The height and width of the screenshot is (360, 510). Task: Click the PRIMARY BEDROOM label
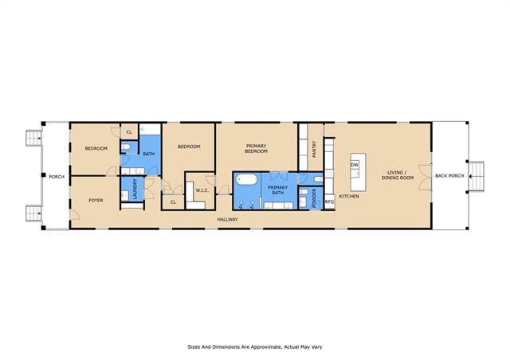coord(257,149)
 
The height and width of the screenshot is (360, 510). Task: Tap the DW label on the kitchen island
coord(355,165)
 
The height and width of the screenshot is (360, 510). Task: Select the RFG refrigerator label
coord(329,202)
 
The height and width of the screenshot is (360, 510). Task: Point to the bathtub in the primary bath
coord(246,179)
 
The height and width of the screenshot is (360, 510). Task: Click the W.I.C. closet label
coord(202,190)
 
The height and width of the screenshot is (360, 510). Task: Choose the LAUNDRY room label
coord(135,189)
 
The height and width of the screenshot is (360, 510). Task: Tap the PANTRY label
coord(314,149)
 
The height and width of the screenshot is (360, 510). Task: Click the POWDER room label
coord(314,198)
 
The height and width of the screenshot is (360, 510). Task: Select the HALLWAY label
coord(227,220)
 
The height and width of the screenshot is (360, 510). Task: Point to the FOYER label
coord(96,201)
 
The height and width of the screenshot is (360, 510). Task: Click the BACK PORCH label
coord(449,175)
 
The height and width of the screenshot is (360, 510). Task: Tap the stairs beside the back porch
coord(477,175)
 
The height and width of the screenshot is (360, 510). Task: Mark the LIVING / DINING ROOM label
coord(398,175)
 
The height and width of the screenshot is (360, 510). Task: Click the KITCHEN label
coord(349,196)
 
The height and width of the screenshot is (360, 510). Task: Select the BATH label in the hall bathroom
coord(149,154)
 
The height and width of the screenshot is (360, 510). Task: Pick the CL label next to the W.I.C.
coord(173,202)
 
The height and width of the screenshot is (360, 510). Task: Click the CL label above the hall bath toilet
coord(129,132)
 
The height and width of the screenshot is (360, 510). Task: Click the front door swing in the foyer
coord(75,214)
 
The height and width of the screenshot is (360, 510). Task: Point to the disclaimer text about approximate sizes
coord(255,347)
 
